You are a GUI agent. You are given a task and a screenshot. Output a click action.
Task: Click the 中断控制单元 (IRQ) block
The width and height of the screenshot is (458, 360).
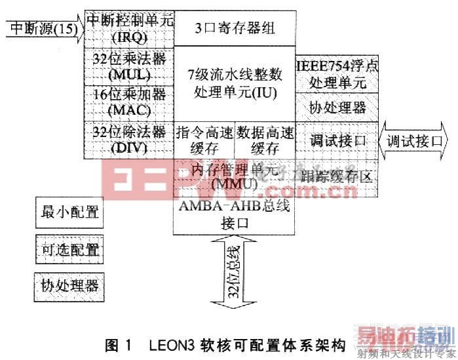[129, 28]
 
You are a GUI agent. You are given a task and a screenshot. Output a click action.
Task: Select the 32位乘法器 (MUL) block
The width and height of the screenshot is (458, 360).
[129, 64]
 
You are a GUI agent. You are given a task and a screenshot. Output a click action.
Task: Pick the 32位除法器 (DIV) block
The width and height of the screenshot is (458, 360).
[129, 139]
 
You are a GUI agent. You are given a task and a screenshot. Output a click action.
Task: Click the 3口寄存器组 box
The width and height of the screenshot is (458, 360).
[234, 28]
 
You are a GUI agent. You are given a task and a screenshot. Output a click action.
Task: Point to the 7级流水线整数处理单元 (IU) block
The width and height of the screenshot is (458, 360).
[234, 83]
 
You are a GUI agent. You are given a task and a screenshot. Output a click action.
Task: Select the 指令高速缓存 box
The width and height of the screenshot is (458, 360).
[204, 139]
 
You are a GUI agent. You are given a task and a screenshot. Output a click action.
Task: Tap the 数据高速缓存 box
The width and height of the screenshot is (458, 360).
[263, 139]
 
